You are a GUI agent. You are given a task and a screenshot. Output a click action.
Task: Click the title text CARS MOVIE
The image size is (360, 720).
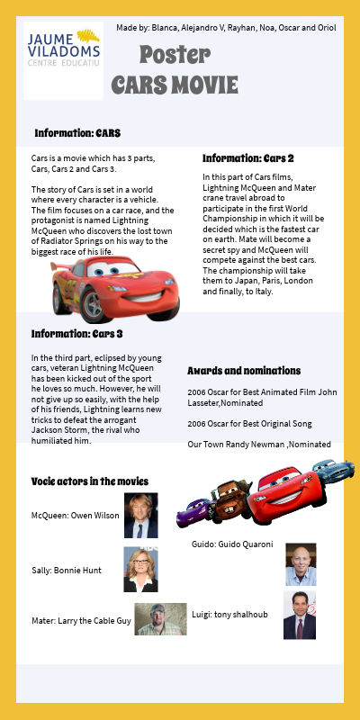click(x=175, y=85)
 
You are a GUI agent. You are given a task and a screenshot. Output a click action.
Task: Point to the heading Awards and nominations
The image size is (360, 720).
click(x=244, y=371)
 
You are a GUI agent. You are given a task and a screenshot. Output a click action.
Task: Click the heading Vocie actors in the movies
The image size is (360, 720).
click(x=89, y=481)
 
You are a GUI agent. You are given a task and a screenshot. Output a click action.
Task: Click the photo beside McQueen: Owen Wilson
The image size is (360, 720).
click(x=140, y=515)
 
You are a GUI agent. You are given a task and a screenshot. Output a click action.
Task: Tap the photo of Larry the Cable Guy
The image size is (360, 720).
click(x=161, y=619)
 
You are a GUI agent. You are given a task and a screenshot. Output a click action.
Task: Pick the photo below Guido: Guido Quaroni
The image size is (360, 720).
click(x=301, y=564)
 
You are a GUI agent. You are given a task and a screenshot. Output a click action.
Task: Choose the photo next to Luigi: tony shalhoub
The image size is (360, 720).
click(x=300, y=616)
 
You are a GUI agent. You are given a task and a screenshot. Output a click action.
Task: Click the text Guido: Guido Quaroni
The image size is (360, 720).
click(x=232, y=544)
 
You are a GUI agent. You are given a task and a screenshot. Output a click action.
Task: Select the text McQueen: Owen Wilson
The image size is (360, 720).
click(x=75, y=516)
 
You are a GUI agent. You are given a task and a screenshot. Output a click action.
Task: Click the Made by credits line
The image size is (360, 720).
click(x=226, y=28)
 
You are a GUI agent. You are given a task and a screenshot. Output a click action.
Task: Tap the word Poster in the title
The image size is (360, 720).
click(x=175, y=56)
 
